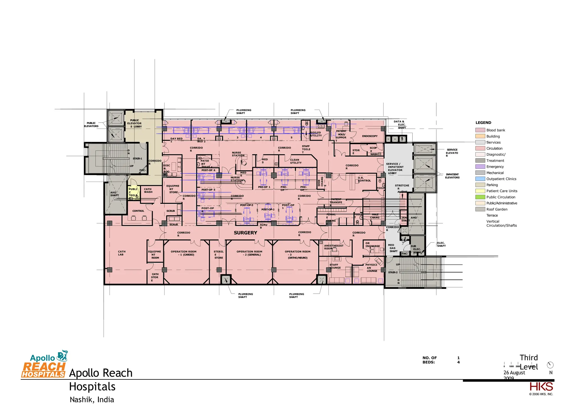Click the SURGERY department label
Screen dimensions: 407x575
tap(245, 233)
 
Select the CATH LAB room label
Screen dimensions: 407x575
tap(121, 253)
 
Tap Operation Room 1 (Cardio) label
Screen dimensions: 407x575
tap(184, 253)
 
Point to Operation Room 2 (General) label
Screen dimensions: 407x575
tap(249, 253)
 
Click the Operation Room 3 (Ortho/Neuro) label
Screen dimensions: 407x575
tap(298, 255)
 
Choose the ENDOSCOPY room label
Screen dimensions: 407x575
tap(370, 136)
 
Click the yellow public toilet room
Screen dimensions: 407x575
tap(133, 192)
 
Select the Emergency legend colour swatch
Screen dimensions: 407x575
tap(480, 167)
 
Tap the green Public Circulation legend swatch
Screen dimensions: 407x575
tap(480, 197)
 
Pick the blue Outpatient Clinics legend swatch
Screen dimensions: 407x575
tap(480, 179)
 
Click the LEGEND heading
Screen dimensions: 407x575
tap(483, 123)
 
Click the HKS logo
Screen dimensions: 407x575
tap(541, 387)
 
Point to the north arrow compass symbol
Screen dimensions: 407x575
tap(550, 365)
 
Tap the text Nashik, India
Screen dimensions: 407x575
tap(92, 399)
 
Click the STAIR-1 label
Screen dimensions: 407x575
tap(137, 159)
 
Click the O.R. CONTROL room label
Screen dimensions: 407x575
tap(364, 179)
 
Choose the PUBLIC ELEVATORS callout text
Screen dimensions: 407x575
tap(91, 125)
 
